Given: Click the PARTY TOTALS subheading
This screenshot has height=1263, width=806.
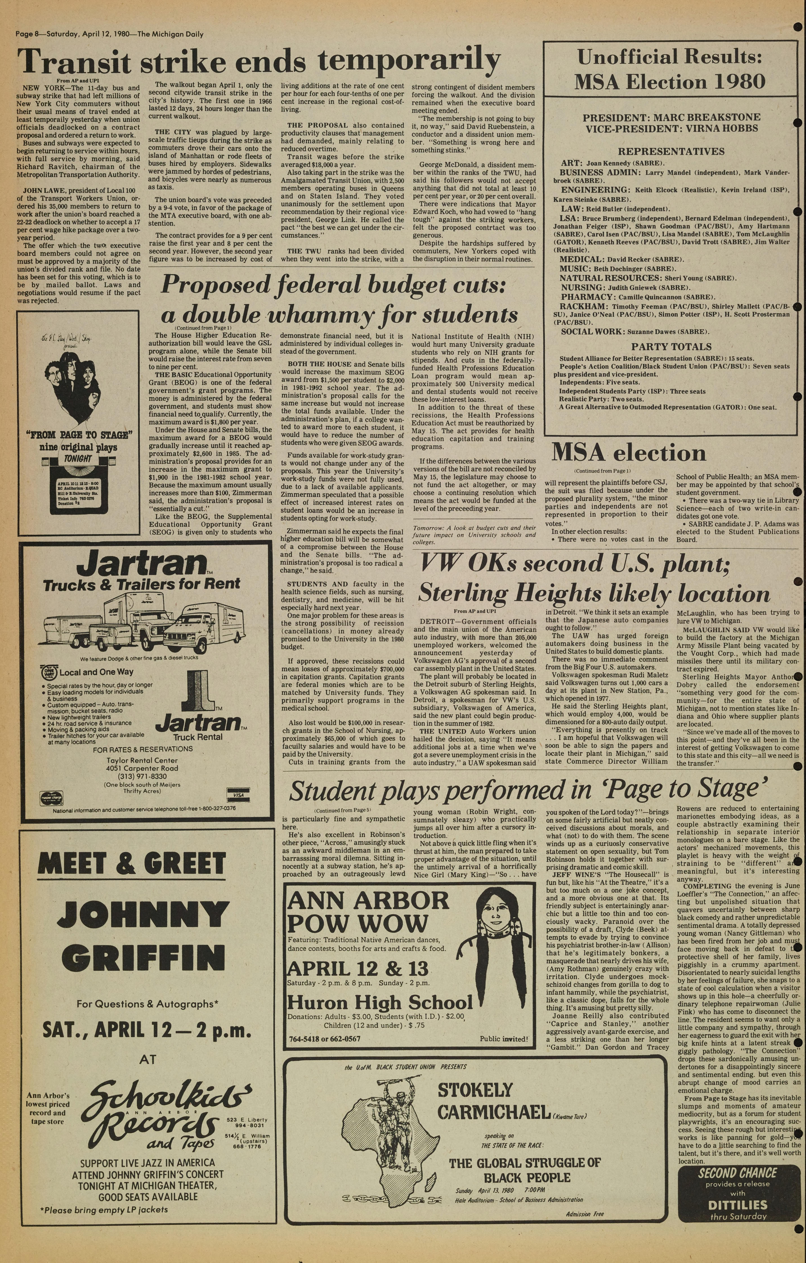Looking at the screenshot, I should point(671,347).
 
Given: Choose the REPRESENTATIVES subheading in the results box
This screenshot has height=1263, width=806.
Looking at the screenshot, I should point(671,152).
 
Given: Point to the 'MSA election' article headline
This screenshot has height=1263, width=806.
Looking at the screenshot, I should point(628,453).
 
